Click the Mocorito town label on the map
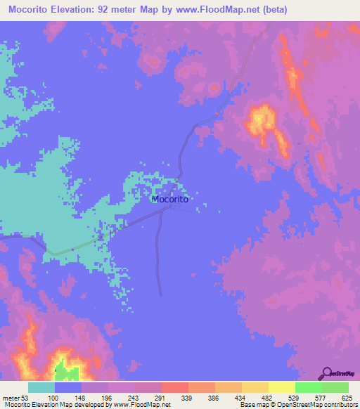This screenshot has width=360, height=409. (169, 199)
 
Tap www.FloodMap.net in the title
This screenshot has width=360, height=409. (212, 8)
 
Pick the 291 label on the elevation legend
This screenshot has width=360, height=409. (160, 398)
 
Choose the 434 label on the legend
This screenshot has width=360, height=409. (240, 398)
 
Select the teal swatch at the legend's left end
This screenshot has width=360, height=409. (41, 387)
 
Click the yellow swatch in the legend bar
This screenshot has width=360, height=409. (281, 387)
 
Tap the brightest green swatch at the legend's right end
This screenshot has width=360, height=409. (335, 387)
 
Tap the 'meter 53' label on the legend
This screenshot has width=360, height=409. (17, 398)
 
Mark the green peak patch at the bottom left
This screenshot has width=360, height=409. (65, 370)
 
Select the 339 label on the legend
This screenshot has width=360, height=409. (187, 398)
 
